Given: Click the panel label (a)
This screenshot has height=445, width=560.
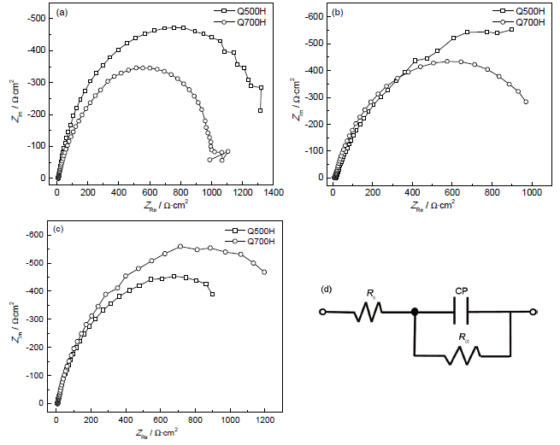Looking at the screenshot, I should (62, 14).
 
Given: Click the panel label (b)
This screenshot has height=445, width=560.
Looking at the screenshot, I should (338, 14).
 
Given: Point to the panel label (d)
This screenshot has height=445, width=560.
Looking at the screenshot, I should (327, 288).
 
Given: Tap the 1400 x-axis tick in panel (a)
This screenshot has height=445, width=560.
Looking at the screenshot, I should (273, 193).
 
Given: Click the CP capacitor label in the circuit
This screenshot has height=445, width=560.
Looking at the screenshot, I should (462, 290).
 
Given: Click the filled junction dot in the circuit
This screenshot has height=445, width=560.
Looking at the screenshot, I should (415, 312).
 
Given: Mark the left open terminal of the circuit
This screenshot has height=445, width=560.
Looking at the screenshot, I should (322, 312).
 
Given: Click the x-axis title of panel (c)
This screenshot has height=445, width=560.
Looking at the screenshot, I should (160, 434).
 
